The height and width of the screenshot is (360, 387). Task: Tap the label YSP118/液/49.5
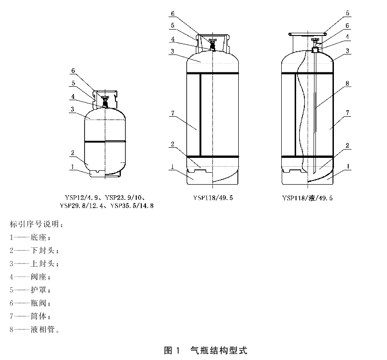pyautogui.click(x=307, y=198)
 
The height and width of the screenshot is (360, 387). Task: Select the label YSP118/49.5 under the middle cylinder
pyautogui.click(x=212, y=198)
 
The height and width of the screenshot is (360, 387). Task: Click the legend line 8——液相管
pyautogui.click(x=35, y=330)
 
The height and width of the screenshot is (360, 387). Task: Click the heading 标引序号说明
pyautogui.click(x=34, y=225)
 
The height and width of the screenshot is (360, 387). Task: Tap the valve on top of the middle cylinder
pyautogui.click(x=212, y=44)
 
